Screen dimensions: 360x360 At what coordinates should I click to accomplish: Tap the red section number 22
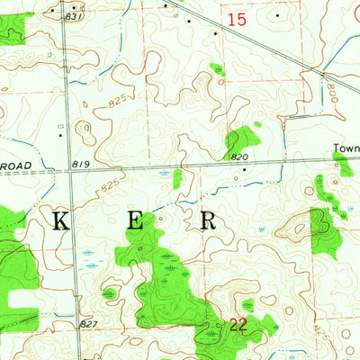(237, 325)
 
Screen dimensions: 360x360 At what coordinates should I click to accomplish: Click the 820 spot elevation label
(238, 157)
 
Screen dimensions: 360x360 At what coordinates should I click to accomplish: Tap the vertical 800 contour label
(330, 92)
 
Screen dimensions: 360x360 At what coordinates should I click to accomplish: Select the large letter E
(134, 222)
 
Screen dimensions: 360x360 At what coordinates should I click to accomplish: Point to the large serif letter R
(207, 221)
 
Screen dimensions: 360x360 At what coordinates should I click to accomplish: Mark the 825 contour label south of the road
(110, 185)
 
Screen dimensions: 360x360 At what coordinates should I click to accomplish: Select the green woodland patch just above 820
(241, 139)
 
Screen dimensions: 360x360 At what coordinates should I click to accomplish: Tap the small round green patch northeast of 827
(109, 293)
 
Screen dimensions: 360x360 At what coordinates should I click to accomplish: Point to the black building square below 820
(238, 176)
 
